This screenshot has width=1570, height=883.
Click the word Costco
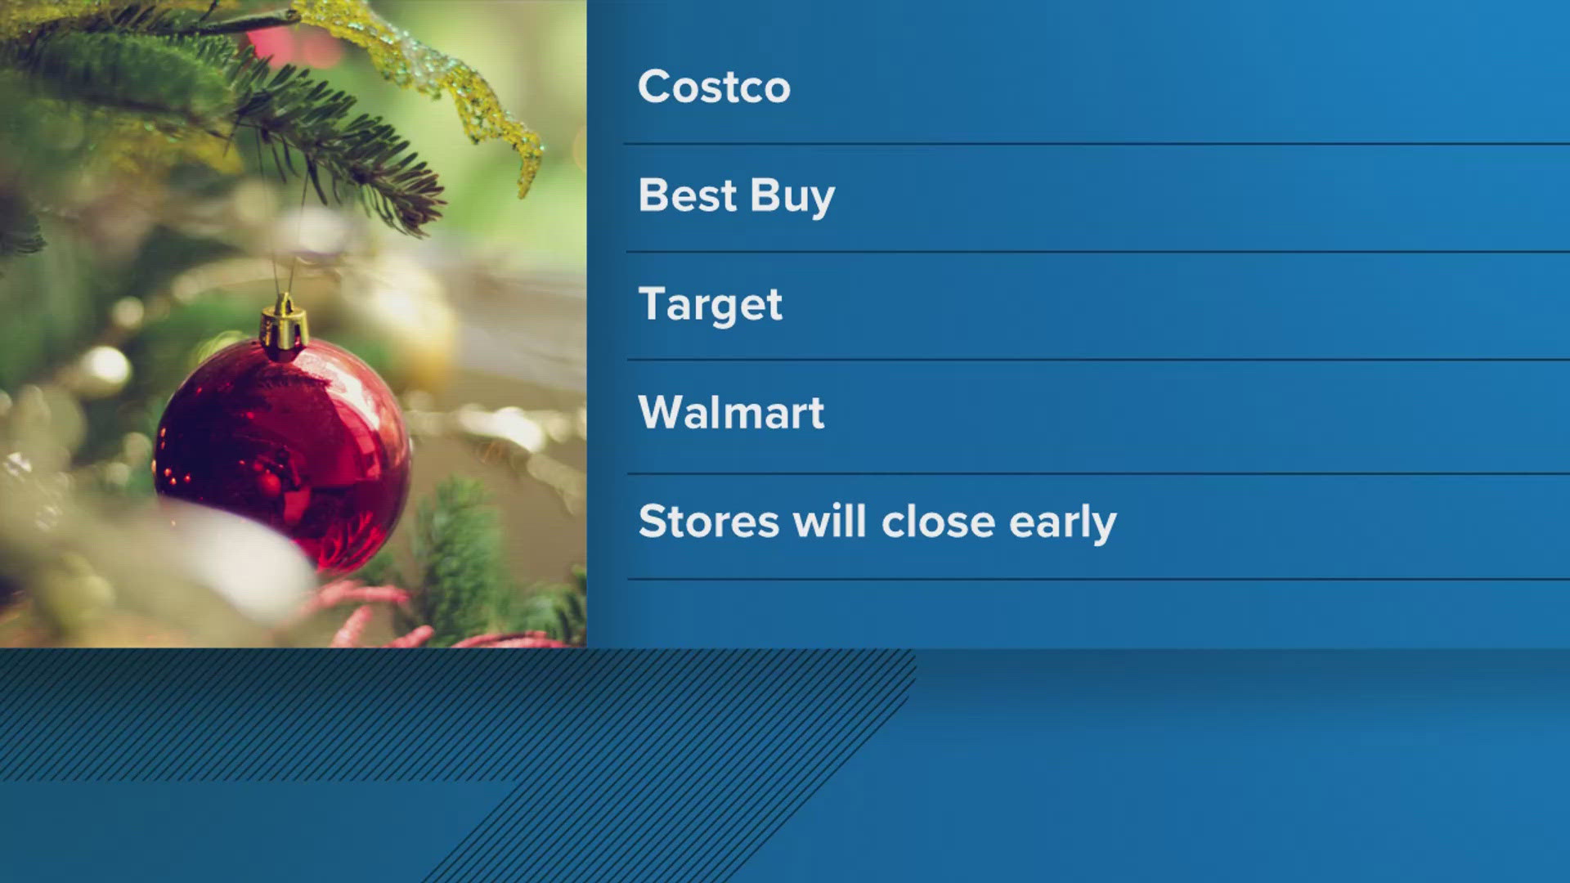[714, 87]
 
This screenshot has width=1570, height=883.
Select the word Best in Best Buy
[687, 195]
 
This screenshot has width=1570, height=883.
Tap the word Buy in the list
[792, 198]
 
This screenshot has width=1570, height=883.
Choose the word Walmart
[731, 412]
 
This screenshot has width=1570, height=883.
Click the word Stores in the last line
[708, 522]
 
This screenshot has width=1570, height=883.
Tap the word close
[938, 522]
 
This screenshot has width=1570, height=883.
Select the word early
[1062, 523]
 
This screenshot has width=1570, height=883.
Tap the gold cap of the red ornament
[284, 326]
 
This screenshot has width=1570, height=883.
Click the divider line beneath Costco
[1096, 144]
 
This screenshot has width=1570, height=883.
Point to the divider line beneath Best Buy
[1096, 252]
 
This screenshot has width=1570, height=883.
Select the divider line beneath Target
[1096, 360]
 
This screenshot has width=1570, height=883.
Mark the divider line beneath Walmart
[1096, 473]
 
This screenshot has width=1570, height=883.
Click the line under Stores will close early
[1096, 579]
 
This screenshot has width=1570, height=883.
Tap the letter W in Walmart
[662, 412]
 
